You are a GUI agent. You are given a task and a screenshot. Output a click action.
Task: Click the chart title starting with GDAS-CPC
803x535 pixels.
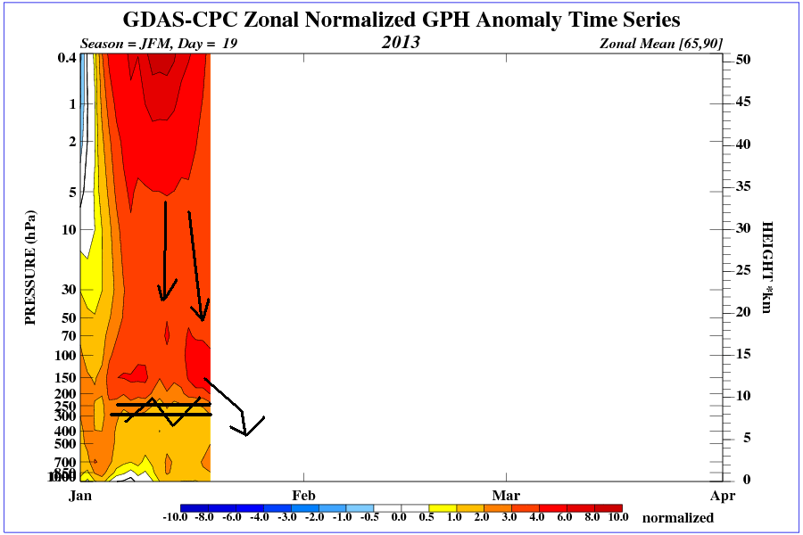[x=401, y=20]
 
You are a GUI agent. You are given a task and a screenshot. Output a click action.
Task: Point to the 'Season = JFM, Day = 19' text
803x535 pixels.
[x=159, y=43]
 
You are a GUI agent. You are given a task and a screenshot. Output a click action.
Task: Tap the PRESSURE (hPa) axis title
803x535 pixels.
[x=31, y=267]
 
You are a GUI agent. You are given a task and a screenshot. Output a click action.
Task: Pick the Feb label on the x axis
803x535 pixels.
[x=303, y=495]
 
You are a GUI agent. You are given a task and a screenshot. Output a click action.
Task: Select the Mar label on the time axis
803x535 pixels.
[x=506, y=495]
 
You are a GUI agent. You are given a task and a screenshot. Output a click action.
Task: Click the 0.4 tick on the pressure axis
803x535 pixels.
[x=65, y=59]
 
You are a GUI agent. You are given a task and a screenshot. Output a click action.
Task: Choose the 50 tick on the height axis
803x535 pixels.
[x=741, y=59]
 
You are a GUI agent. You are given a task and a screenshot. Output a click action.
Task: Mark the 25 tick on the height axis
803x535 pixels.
[x=741, y=269]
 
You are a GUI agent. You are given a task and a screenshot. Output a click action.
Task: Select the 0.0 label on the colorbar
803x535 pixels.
[x=400, y=517]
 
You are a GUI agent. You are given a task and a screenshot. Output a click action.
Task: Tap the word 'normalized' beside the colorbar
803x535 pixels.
[x=678, y=518]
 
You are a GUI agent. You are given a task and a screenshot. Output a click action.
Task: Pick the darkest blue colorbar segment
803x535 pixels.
[x=194, y=507]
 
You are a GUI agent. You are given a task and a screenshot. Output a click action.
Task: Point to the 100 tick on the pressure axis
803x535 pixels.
[x=64, y=355]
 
